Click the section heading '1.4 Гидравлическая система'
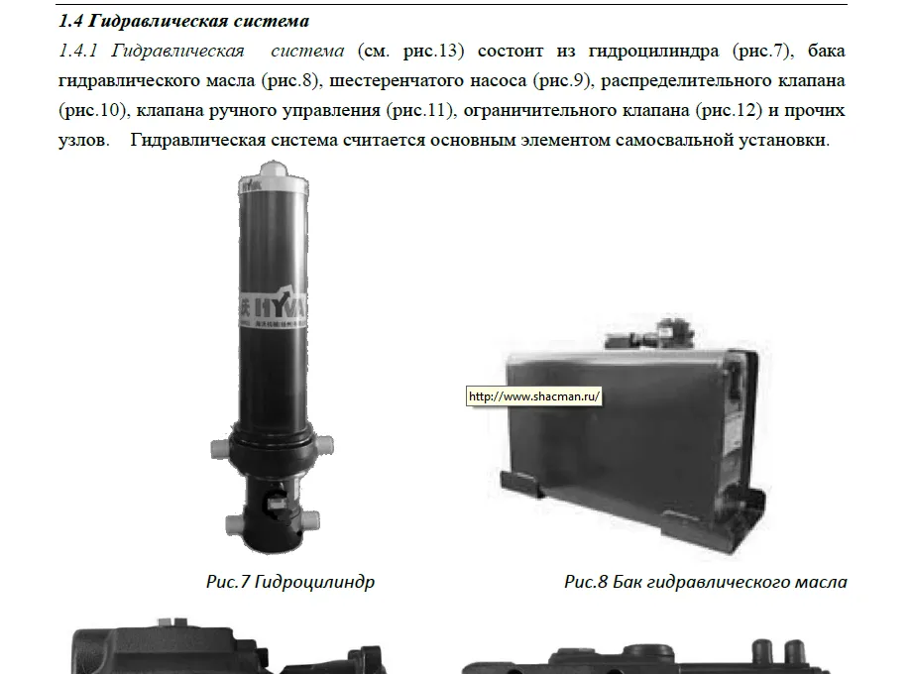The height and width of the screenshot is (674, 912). pyautogui.click(x=183, y=22)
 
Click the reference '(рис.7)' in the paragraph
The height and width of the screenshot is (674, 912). pyautogui.click(x=763, y=52)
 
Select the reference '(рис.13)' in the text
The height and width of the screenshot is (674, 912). pyautogui.click(x=410, y=52)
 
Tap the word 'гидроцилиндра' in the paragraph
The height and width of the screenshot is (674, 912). pyautogui.click(x=653, y=52)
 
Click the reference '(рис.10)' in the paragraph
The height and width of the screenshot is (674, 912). pyautogui.click(x=92, y=110)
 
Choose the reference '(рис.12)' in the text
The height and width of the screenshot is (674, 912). pyautogui.click(x=729, y=110)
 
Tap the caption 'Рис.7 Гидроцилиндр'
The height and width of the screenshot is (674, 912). pyautogui.click(x=290, y=582)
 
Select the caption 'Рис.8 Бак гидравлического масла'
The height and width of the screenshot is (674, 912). pyautogui.click(x=706, y=582)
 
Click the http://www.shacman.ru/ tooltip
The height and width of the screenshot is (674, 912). pyautogui.click(x=534, y=396)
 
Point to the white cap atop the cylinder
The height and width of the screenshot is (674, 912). pyautogui.click(x=274, y=170)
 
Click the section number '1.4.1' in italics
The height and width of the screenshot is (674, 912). pyautogui.click(x=78, y=52)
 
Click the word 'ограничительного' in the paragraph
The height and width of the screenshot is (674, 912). pyautogui.click(x=576, y=111)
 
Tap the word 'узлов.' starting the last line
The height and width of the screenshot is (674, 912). pyautogui.click(x=84, y=140)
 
